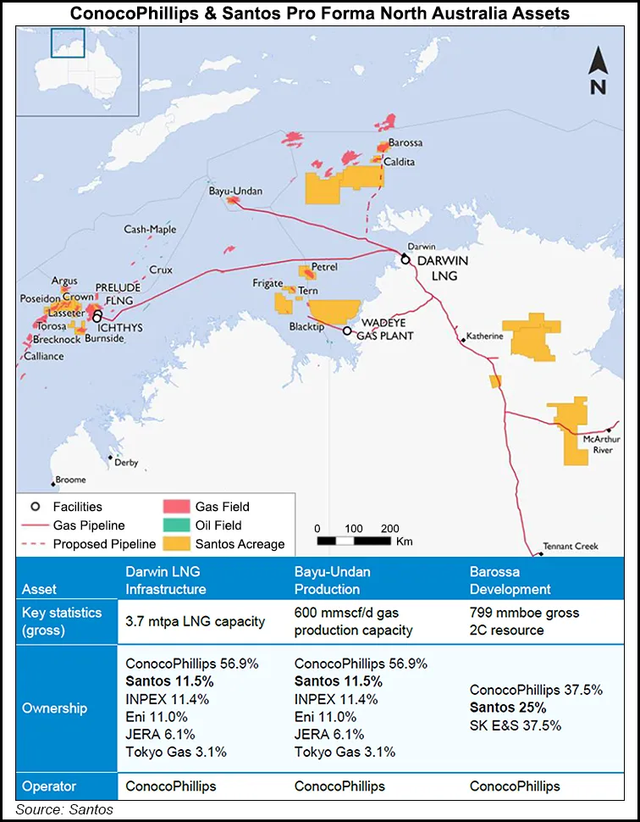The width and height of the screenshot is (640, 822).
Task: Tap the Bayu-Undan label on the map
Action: (x=235, y=192)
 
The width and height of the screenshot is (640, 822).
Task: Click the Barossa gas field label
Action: (x=406, y=144)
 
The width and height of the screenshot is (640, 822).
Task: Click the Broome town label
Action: (x=70, y=480)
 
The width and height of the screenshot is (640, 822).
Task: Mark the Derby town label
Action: (x=126, y=463)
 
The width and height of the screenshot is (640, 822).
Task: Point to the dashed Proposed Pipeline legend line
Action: (x=35, y=544)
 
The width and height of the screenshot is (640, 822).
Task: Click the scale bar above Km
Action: (x=354, y=540)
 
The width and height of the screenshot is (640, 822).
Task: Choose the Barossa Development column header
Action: (x=510, y=580)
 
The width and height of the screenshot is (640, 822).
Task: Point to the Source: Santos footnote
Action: (x=63, y=810)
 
